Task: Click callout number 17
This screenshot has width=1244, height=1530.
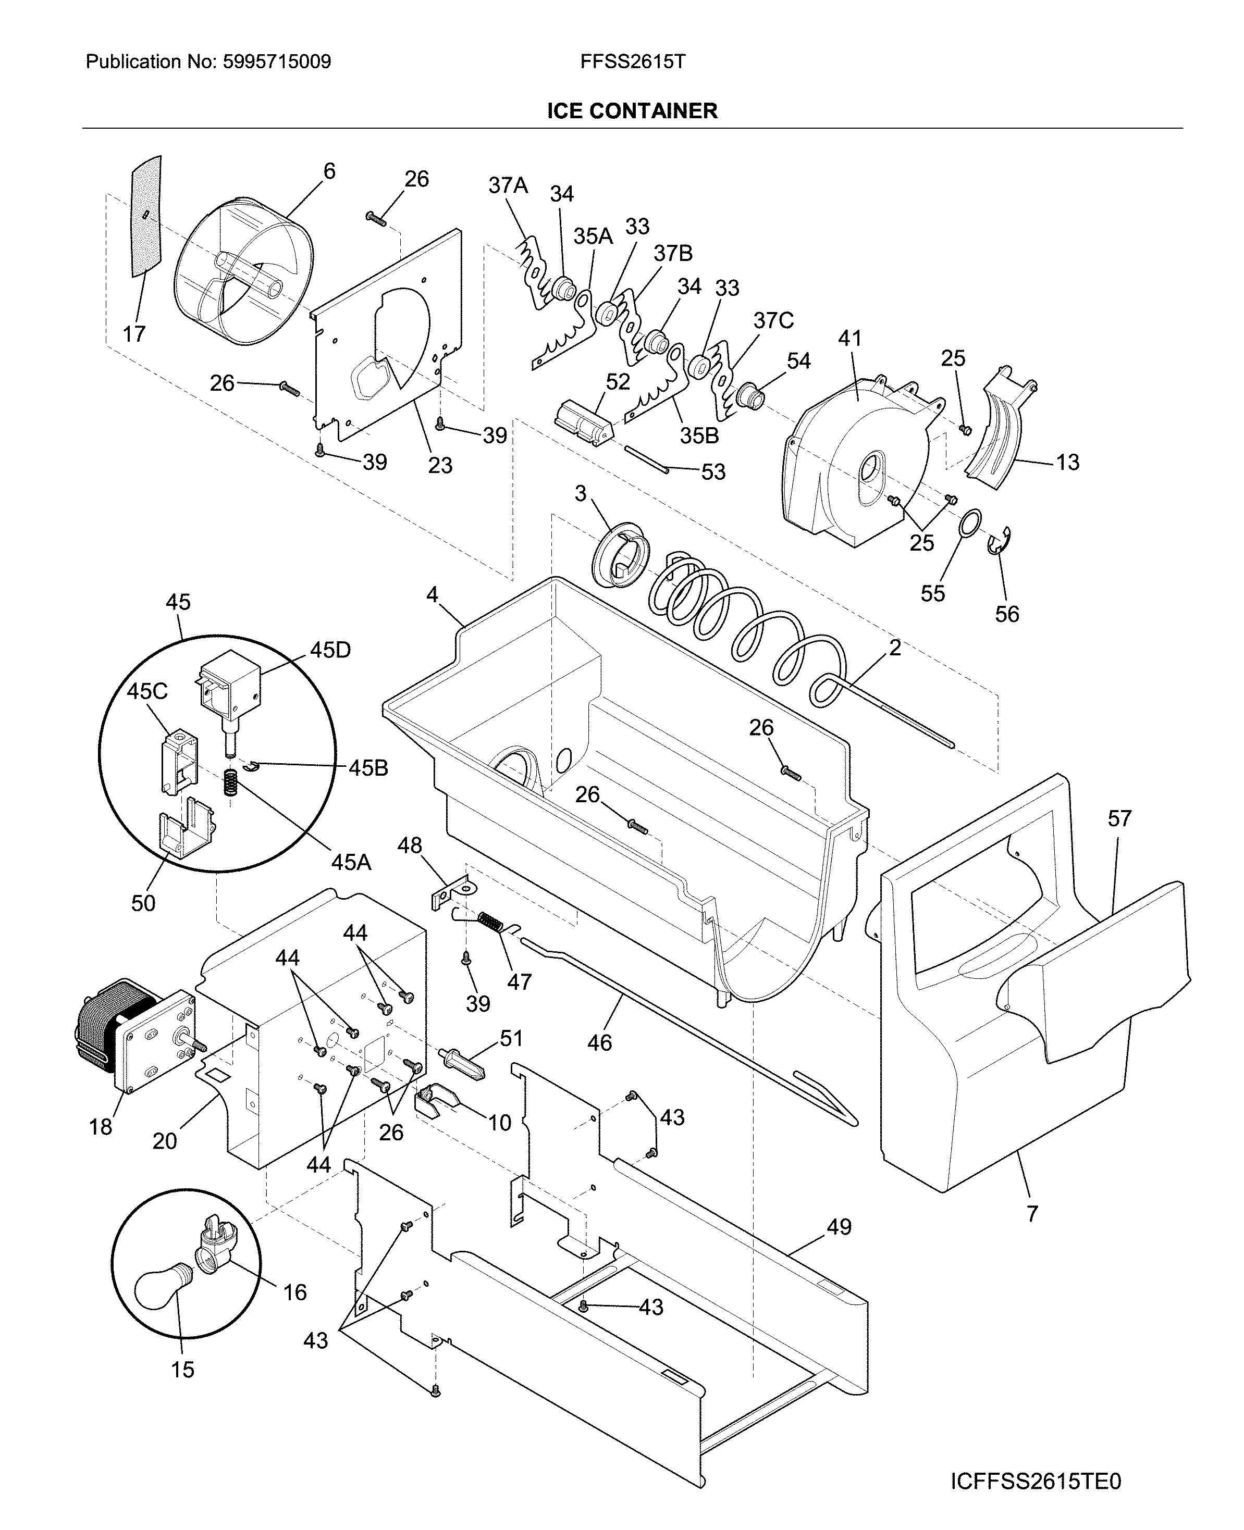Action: click(x=134, y=334)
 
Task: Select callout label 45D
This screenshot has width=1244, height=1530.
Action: click(x=330, y=650)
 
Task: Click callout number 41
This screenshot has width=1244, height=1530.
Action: click(x=850, y=338)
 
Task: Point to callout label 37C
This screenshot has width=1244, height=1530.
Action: click(x=773, y=320)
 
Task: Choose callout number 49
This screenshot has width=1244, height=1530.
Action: click(x=839, y=1227)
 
